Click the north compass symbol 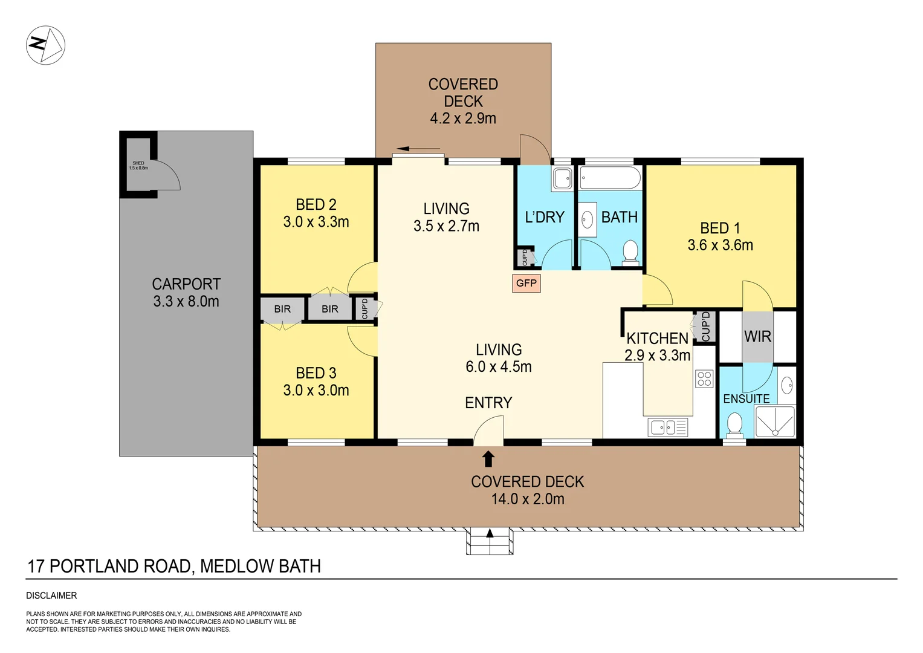click(45, 45)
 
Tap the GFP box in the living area click(526, 283)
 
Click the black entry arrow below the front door click(488, 459)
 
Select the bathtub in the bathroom click(609, 178)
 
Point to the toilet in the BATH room click(630, 253)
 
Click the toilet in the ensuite click(735, 424)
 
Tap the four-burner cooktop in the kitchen click(704, 379)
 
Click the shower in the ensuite click(775, 421)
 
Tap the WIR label click(757, 336)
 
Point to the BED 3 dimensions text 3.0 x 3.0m click(316, 391)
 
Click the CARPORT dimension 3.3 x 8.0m click(186, 301)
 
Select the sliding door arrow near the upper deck click(418, 149)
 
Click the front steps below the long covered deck click(489, 542)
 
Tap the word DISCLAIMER click(51, 596)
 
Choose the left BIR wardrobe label click(282, 309)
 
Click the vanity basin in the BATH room click(588, 219)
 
